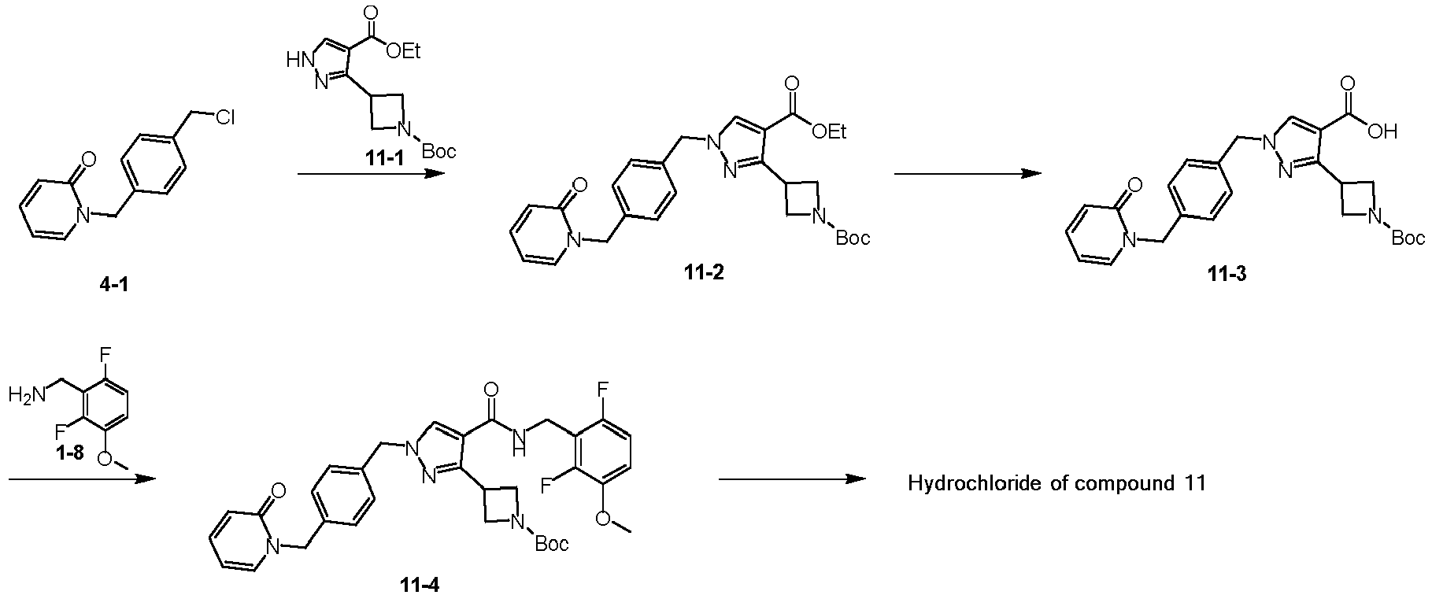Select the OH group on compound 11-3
(x=1382, y=133)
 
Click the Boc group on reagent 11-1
(x=438, y=151)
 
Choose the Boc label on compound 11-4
(x=552, y=544)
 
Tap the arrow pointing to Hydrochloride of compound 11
(x=791, y=479)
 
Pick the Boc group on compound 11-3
(x=1408, y=238)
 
